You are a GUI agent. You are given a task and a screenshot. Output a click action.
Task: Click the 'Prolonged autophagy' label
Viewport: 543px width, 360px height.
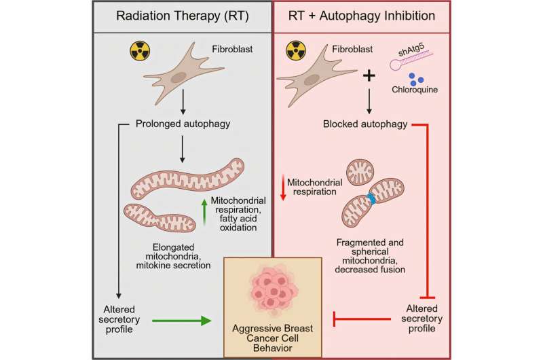coord(182,123)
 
